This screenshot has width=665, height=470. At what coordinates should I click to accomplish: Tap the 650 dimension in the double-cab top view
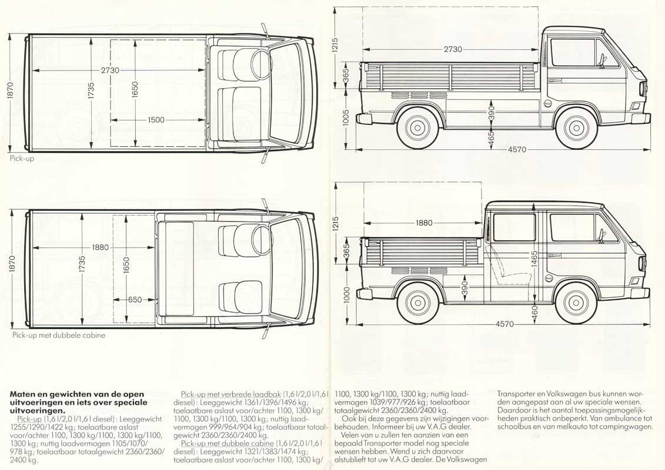point(135,300)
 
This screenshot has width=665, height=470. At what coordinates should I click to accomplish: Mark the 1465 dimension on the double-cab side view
point(534,259)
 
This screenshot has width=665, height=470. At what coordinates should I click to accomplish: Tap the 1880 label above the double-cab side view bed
point(423,223)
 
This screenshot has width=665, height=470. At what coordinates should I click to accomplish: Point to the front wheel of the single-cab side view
point(576,127)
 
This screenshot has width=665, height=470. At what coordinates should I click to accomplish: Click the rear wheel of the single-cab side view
point(417,127)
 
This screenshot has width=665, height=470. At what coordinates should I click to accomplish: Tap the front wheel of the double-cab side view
point(576,301)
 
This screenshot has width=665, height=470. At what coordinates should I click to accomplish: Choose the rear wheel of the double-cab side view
point(417,301)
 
